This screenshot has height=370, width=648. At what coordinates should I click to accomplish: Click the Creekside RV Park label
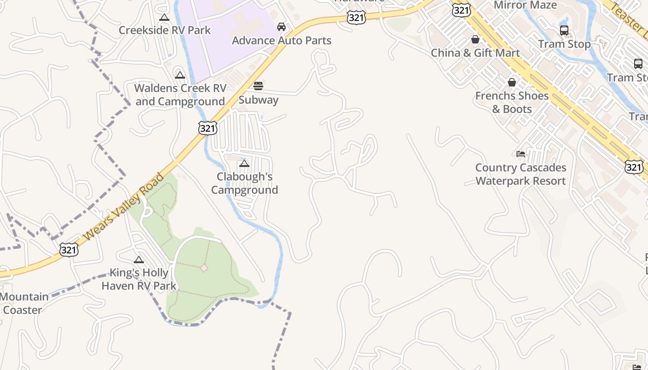[165, 31]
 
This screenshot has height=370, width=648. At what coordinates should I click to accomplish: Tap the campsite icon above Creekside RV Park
[164, 18]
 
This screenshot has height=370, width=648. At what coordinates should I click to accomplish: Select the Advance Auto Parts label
[281, 41]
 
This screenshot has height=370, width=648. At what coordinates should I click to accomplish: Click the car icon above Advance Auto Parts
[281, 27]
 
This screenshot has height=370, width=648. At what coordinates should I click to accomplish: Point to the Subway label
[258, 100]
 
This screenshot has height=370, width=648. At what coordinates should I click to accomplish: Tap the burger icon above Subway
[258, 86]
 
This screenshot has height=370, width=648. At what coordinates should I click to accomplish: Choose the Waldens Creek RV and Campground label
[180, 95]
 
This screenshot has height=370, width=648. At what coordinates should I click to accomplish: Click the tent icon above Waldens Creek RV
[180, 75]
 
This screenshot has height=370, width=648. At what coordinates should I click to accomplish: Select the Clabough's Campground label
[245, 183]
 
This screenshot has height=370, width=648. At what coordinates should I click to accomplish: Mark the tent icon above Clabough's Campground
[244, 163]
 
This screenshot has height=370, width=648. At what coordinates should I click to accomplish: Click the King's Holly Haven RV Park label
[139, 279]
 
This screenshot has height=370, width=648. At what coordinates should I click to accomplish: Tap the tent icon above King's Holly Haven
[139, 259]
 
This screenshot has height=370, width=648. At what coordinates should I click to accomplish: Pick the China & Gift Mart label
[475, 53]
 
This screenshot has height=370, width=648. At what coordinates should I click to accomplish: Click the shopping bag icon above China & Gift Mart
[475, 39]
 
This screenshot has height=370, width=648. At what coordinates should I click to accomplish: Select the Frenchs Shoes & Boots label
[512, 102]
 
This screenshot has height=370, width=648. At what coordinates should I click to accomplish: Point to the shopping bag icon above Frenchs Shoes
[512, 83]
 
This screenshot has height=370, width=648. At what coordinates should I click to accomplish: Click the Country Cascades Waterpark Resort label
[521, 174]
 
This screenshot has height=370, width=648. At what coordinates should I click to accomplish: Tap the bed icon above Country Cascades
[521, 154]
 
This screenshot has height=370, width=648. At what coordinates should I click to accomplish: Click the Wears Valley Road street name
[125, 207]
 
